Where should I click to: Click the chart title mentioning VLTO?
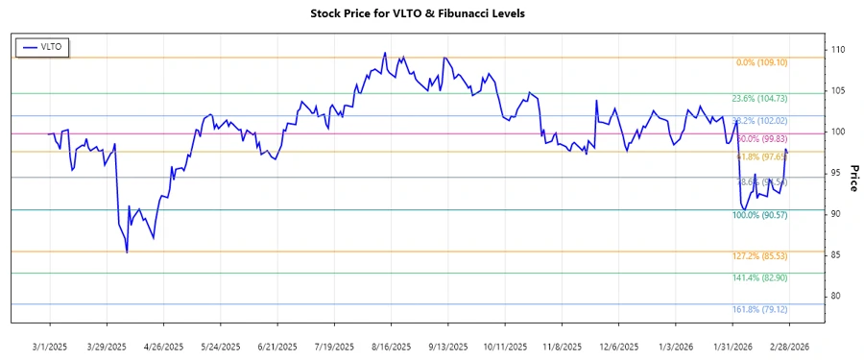click(431, 13)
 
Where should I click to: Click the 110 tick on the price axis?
click(837, 50)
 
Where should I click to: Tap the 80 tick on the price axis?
click(835, 296)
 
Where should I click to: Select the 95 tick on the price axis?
click(835, 173)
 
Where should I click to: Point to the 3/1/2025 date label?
click(49, 346)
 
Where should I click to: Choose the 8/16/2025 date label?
click(391, 346)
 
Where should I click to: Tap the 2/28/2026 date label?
click(788, 346)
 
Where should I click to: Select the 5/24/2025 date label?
click(221, 346)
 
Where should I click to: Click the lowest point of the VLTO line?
click(127, 252)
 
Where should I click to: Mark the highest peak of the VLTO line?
click(385, 53)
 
